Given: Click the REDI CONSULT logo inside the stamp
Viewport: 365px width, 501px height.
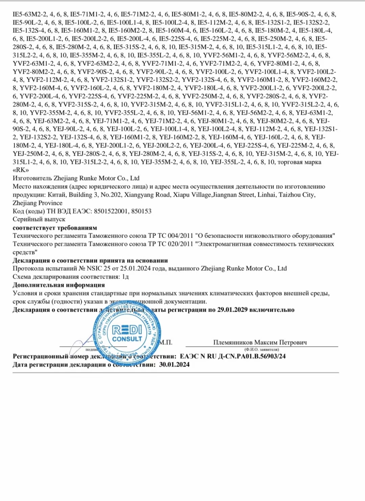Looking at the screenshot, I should point(127,334).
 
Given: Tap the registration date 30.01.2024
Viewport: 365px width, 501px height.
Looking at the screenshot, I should point(174,365).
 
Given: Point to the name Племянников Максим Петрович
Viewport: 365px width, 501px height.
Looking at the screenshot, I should point(260,342).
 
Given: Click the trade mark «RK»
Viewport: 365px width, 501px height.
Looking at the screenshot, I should point(21,170).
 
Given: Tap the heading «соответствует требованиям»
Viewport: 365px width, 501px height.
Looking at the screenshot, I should point(55,228).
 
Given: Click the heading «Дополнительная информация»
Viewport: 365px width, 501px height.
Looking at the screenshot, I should point(59,285).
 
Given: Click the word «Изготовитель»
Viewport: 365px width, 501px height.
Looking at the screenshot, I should point(32,178).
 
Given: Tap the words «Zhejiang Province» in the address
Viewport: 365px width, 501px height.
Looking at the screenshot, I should point(38,203).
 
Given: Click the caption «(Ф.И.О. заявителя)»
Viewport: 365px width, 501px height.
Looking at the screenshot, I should point(262,349).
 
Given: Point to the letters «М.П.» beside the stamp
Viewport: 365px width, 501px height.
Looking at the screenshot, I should point(166,342).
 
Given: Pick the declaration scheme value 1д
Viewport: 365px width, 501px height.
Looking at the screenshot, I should point(125,277).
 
